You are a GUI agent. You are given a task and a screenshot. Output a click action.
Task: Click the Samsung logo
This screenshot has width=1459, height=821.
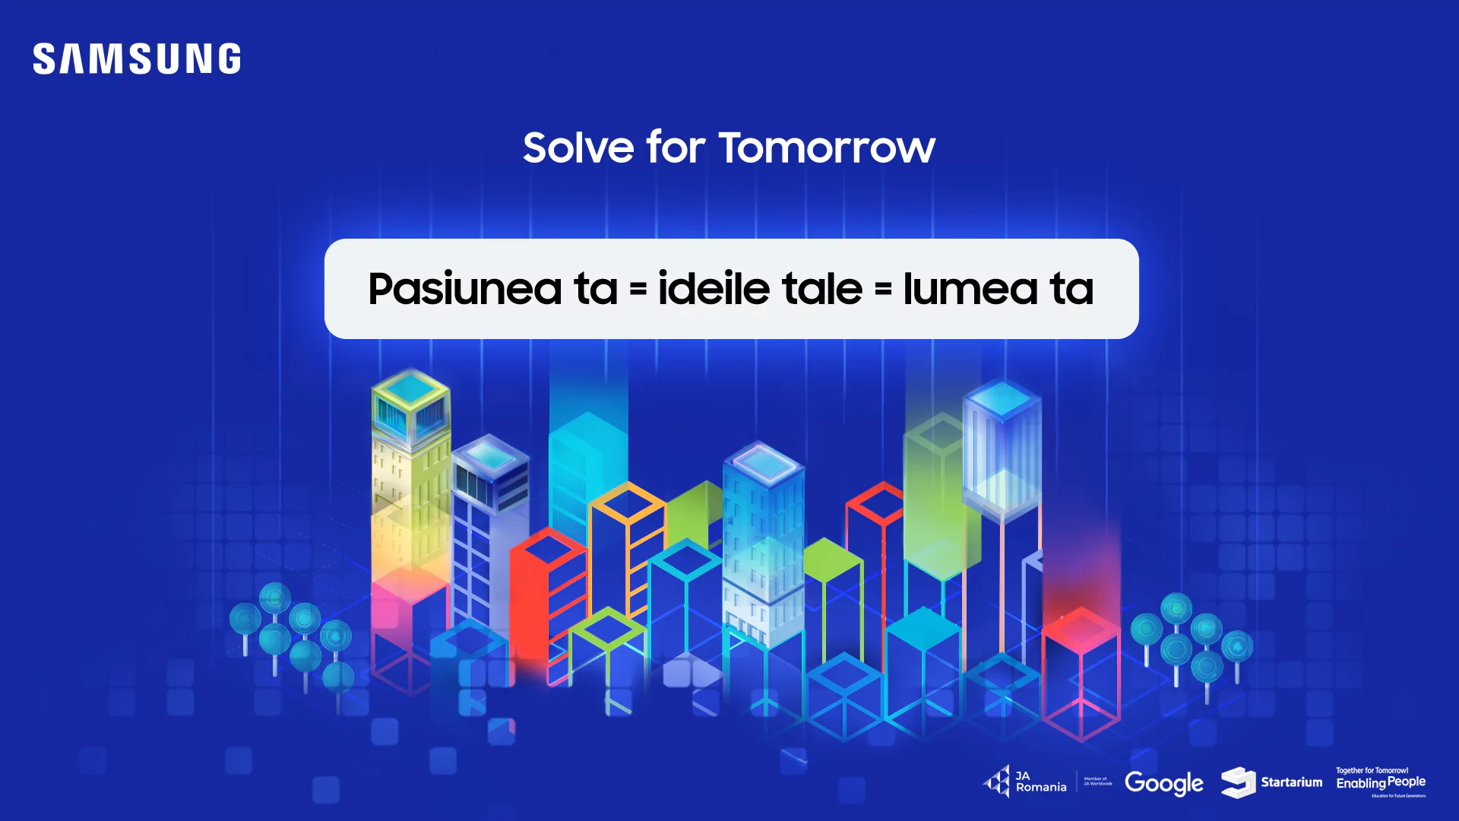137,59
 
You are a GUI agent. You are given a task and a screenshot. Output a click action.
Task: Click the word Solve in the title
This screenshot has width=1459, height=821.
578,147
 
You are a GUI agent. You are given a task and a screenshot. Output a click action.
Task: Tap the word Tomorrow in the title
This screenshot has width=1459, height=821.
827,147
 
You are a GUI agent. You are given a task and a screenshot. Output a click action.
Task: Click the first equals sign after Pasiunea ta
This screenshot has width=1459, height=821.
638,290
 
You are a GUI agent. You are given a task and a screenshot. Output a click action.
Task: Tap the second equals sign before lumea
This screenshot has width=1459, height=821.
883,290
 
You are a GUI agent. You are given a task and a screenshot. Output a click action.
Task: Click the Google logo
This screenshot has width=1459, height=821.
1163,783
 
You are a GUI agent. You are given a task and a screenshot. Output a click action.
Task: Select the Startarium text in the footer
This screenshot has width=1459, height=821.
1291,782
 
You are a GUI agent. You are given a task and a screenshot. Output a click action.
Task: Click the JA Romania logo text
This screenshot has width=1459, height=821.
1040,781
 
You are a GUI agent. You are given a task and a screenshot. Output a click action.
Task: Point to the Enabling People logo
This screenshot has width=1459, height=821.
1381,782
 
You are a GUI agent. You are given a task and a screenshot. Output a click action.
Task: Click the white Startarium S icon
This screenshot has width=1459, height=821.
1238,782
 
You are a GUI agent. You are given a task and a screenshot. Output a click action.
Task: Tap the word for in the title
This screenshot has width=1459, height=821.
676,147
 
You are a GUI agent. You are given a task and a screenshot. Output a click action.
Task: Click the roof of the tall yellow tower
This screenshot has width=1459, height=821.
410,388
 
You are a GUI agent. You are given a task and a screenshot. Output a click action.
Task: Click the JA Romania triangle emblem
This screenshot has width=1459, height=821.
997,781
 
